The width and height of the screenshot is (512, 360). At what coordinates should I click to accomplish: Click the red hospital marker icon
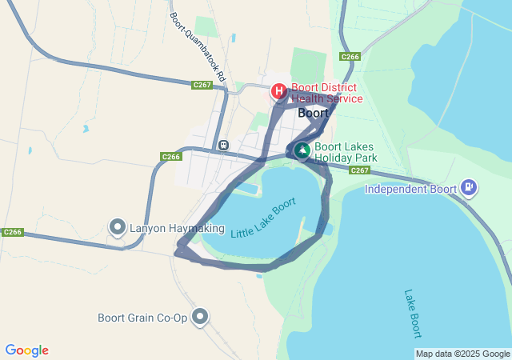tap(278, 91)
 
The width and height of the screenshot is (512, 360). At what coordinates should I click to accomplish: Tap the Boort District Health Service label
tap(326, 93)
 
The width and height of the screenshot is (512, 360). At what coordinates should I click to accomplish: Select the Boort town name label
tap(313, 113)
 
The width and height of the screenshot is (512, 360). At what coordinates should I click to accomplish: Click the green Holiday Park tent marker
tap(302, 150)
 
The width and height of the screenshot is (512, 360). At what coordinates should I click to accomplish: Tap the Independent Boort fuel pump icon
tap(469, 189)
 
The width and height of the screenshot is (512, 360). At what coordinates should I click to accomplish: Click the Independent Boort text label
tap(410, 190)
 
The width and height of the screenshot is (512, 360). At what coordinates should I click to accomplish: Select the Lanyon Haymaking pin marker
tap(118, 227)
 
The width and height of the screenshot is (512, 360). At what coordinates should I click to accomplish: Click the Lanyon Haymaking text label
tap(167, 228)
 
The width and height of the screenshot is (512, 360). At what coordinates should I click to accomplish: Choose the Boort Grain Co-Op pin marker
tap(199, 317)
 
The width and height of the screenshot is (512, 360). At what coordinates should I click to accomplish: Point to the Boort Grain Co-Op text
tap(142, 318)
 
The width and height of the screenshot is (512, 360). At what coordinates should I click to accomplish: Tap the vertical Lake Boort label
tap(413, 313)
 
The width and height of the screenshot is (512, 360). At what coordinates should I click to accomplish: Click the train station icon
tap(222, 146)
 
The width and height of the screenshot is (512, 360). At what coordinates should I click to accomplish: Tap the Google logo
tap(26, 350)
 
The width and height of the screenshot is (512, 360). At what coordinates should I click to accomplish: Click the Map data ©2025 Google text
tap(462, 354)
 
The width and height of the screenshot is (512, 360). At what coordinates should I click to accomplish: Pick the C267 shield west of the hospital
tap(202, 84)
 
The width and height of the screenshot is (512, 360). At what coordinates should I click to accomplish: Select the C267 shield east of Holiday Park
tap(359, 170)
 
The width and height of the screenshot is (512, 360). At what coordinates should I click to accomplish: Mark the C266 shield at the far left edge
tap(12, 232)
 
